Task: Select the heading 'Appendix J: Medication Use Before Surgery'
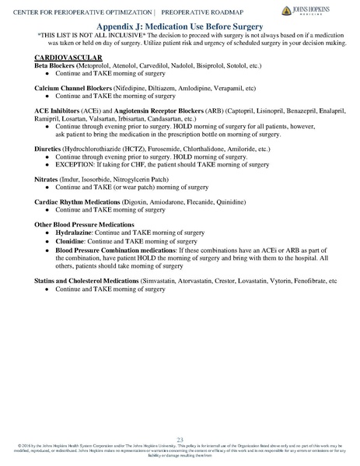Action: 180,26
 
